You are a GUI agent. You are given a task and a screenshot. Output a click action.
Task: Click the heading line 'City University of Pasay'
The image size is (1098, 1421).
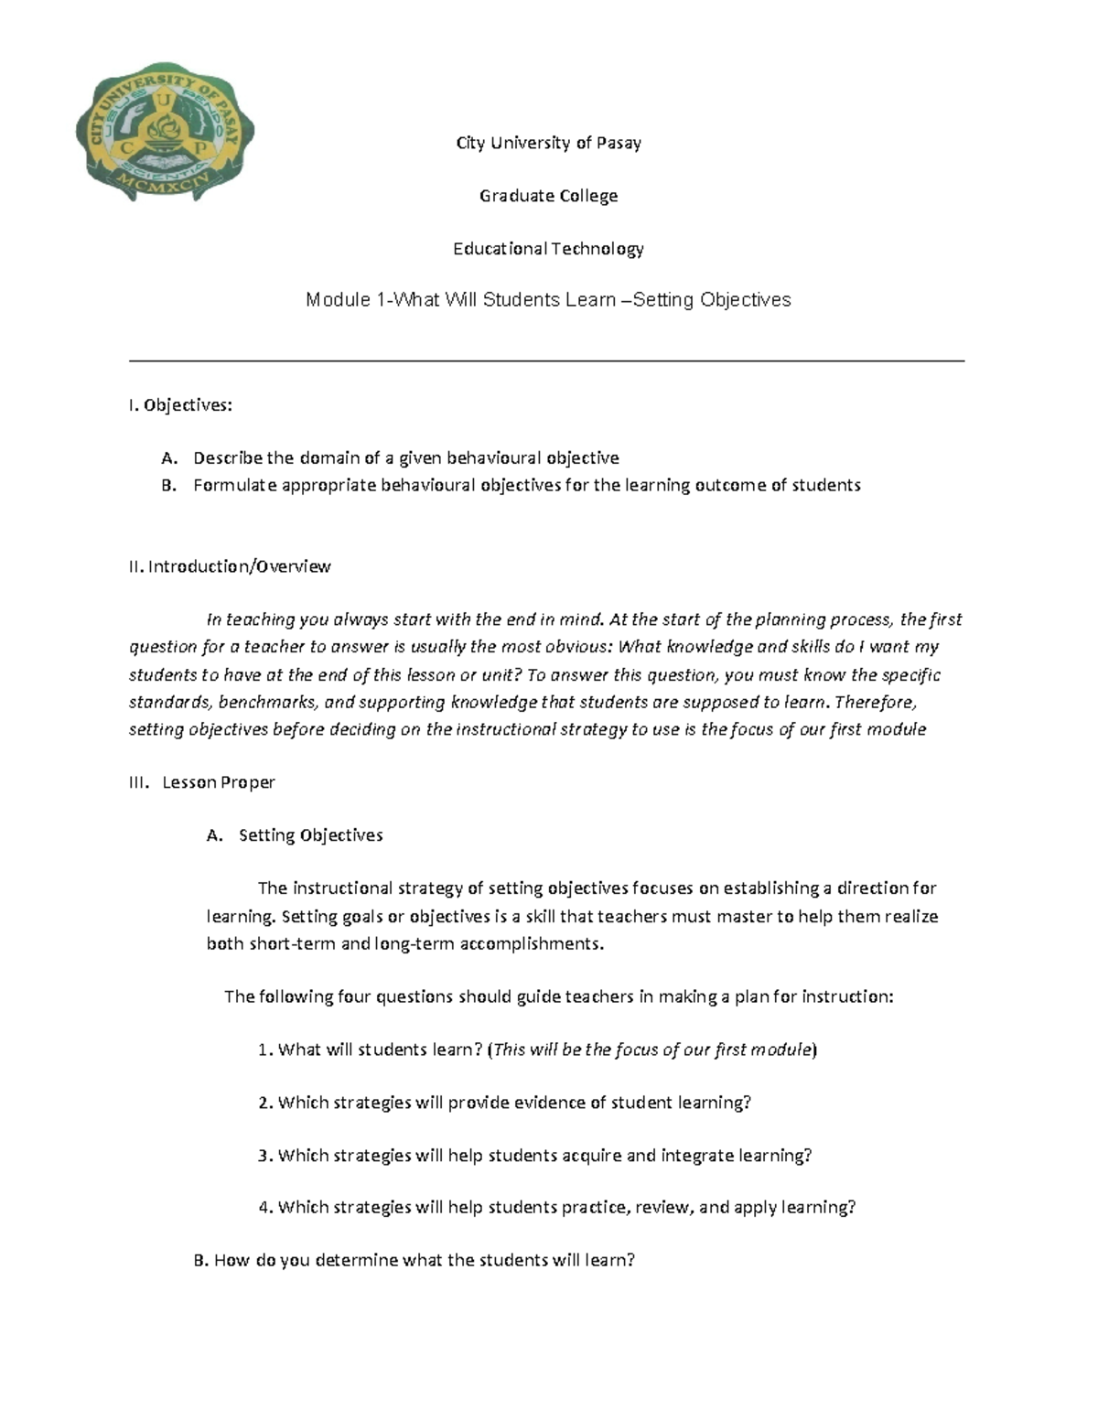click(549, 143)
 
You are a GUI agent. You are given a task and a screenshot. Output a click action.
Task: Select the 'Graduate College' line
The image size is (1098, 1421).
click(549, 196)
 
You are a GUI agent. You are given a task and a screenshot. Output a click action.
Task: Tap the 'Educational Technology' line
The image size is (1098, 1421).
click(549, 249)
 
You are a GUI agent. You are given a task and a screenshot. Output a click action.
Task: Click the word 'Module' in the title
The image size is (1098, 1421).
click(338, 300)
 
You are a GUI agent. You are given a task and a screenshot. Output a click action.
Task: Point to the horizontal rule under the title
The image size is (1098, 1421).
click(547, 361)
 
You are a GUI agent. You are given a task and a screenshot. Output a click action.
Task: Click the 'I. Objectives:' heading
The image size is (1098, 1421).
click(181, 405)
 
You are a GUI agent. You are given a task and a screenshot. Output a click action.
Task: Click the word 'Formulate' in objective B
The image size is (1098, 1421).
click(233, 485)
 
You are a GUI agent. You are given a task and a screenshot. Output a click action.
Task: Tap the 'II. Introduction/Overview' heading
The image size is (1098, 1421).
click(230, 566)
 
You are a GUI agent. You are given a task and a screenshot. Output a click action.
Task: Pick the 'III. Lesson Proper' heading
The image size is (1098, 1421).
click(202, 782)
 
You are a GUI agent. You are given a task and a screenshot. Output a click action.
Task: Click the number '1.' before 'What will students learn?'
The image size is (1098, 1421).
click(265, 1050)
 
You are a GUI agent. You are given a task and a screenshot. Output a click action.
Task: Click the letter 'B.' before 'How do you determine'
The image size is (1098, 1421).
click(202, 1260)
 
